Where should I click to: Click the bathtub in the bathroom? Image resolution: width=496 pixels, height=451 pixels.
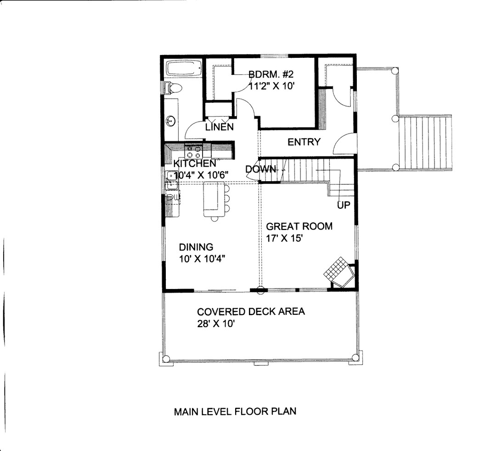click(x=184, y=69)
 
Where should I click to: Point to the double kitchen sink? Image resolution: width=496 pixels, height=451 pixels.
click(x=172, y=180)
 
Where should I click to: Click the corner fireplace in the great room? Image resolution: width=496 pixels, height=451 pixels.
click(x=339, y=273)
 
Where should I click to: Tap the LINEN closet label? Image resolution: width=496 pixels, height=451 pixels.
click(x=220, y=127)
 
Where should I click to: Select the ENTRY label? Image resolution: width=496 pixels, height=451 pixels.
click(x=304, y=142)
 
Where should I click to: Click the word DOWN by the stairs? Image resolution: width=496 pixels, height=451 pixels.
click(x=260, y=169)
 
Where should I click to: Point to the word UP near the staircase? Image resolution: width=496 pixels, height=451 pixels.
click(x=344, y=205)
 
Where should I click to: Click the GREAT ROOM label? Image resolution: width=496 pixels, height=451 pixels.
click(x=299, y=226)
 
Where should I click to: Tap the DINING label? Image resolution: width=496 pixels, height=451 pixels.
click(x=196, y=247)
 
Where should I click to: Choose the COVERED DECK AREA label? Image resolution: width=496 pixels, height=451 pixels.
click(x=251, y=312)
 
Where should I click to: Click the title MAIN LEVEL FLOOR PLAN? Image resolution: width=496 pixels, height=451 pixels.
click(x=235, y=411)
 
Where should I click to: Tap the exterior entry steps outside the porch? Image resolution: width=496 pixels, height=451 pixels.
click(x=424, y=142)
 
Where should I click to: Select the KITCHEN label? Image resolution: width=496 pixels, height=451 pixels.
click(x=194, y=163)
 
